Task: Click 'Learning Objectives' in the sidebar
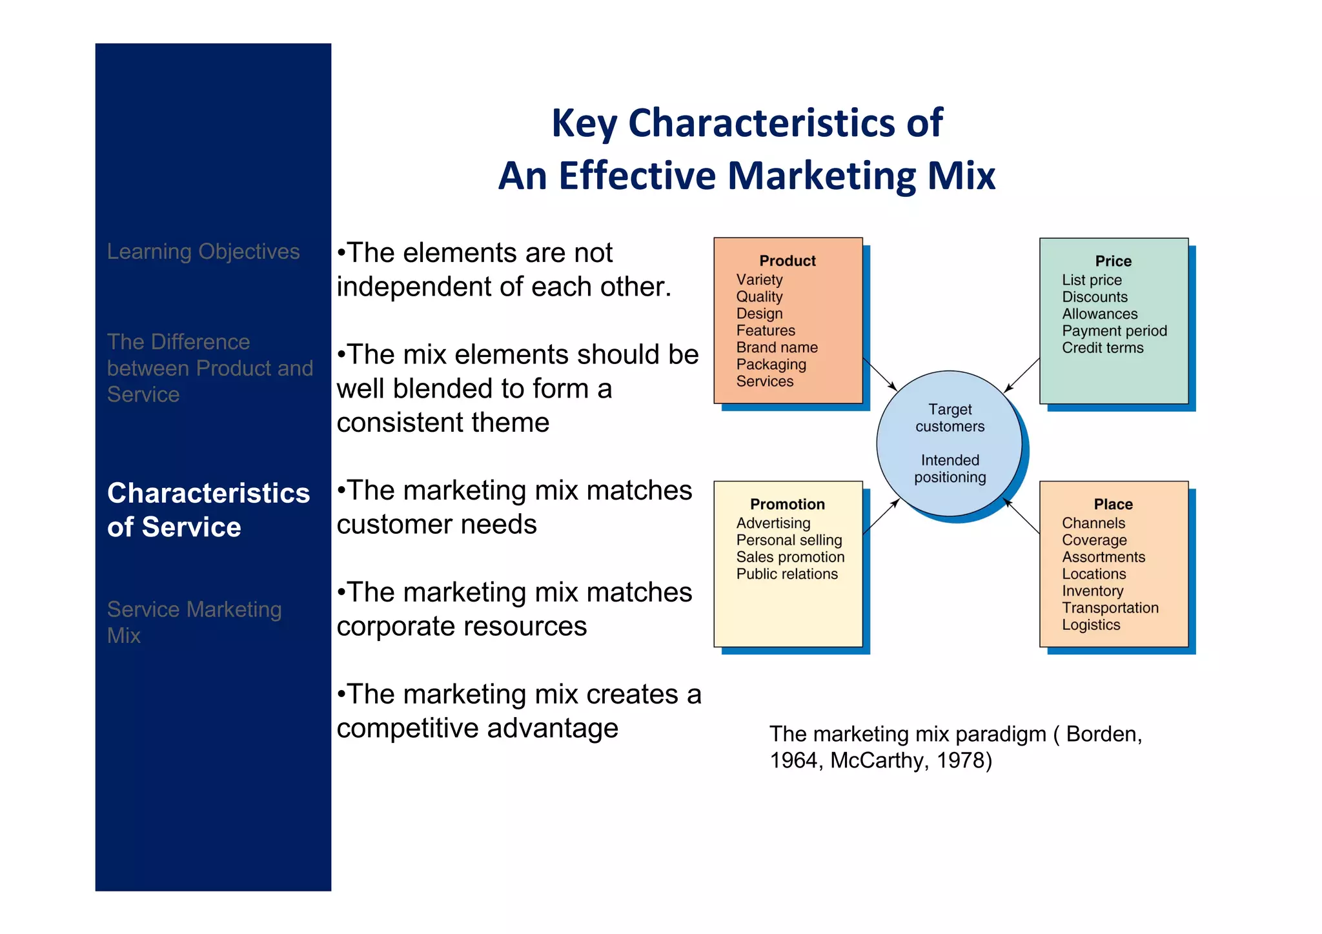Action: tap(203, 251)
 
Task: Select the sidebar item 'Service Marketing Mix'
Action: tap(194, 622)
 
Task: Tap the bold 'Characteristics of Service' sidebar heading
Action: tap(208, 510)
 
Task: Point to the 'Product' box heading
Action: tap(787, 261)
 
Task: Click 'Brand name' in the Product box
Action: tap(777, 347)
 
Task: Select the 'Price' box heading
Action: tap(1113, 261)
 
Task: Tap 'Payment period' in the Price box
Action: tap(1114, 330)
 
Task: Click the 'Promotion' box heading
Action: tap(787, 504)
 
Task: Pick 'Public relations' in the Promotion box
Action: tap(786, 574)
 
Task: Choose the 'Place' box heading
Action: tap(1113, 504)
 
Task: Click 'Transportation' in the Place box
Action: tap(1110, 607)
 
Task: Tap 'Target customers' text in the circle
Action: tap(950, 418)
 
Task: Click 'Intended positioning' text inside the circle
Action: tap(950, 469)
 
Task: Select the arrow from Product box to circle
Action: tap(880, 375)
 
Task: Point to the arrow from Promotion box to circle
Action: tap(880, 516)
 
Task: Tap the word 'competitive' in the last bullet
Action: tap(408, 728)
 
